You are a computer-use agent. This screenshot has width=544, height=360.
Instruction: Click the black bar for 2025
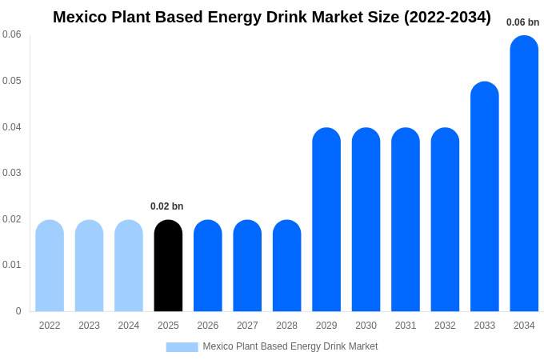coord(168,266)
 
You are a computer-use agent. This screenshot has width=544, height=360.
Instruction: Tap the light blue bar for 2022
coord(50,266)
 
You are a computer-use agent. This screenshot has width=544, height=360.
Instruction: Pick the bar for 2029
coord(326,220)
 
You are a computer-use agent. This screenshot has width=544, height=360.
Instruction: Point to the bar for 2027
coord(247,266)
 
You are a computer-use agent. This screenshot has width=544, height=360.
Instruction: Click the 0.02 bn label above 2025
coord(167,206)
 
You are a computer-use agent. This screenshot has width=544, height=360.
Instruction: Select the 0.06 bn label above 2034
coord(522,22)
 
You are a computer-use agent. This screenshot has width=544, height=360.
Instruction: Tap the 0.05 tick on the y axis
coord(12,81)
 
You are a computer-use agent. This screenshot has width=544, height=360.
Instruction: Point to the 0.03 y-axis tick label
coord(12,173)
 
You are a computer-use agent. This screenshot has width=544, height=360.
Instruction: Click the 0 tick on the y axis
coord(18,311)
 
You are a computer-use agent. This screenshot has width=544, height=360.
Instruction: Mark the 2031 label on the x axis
coord(406,326)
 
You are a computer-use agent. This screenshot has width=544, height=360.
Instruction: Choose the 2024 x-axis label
coord(129,326)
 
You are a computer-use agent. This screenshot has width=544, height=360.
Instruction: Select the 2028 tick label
coord(286,326)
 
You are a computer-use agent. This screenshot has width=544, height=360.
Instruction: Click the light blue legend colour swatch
coord(182,346)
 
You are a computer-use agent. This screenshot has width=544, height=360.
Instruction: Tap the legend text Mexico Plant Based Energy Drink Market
coord(290,346)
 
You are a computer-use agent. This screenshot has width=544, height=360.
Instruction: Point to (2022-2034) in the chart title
coord(448,17)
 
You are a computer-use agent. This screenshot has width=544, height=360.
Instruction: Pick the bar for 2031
coord(406,220)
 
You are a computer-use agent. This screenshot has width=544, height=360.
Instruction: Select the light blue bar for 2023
coord(89,266)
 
